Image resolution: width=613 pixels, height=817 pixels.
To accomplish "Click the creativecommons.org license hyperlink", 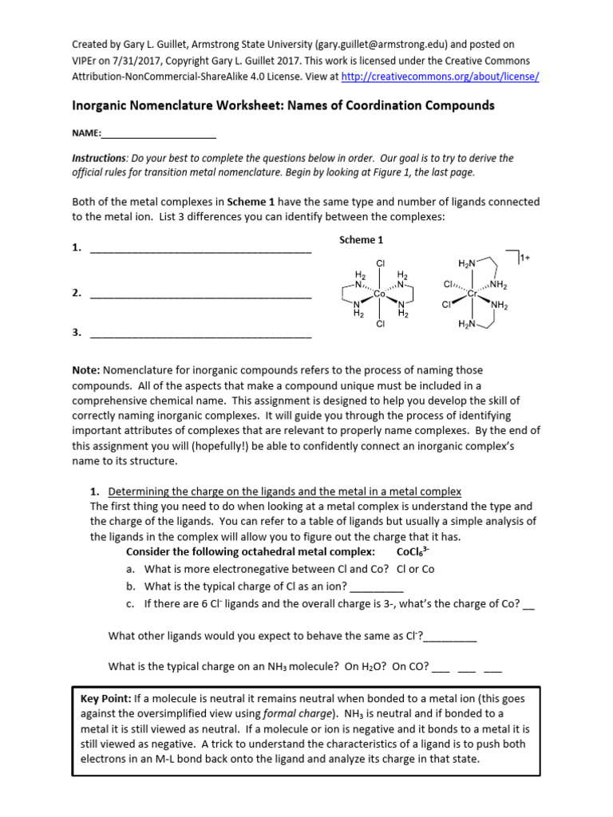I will (440, 77).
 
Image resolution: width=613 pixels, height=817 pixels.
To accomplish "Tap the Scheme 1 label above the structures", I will (362, 240).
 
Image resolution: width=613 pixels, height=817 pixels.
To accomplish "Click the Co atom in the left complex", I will (380, 294).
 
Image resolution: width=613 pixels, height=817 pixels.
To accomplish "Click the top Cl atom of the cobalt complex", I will (381, 262).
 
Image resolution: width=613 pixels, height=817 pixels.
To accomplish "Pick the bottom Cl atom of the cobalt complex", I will (381, 324).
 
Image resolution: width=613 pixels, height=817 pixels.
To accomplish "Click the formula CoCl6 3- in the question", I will (414, 551).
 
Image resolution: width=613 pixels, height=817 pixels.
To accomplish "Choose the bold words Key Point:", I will (107, 698).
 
